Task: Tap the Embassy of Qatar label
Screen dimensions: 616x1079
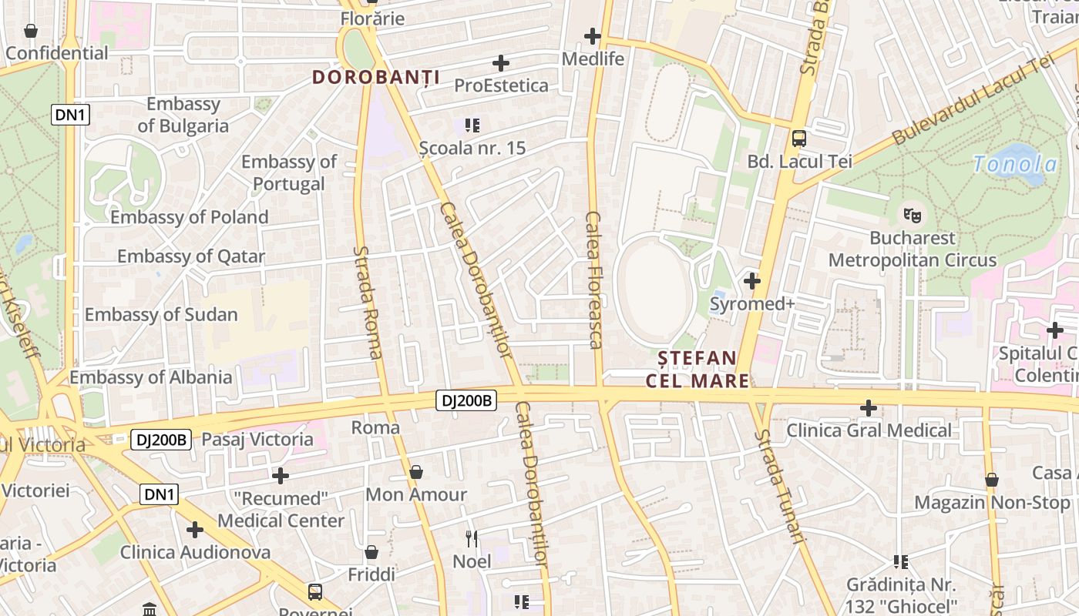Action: (x=191, y=256)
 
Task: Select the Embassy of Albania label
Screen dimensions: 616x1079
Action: (x=151, y=377)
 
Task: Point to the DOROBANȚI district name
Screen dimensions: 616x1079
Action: (x=376, y=77)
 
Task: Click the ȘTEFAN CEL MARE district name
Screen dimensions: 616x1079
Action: (x=697, y=370)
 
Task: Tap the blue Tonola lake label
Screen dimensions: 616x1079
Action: (x=1014, y=164)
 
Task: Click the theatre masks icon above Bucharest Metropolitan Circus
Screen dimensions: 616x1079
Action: (x=913, y=215)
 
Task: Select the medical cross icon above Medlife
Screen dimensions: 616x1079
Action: (x=592, y=36)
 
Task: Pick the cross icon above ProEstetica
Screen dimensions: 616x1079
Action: (x=501, y=62)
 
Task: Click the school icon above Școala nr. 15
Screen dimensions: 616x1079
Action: (x=472, y=125)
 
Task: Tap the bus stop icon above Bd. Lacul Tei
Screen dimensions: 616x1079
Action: (x=799, y=139)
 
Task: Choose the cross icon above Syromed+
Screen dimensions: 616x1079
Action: (x=751, y=281)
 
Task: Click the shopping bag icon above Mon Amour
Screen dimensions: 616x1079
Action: (x=416, y=471)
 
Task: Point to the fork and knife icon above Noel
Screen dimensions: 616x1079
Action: (x=472, y=538)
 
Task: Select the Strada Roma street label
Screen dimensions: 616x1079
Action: (x=367, y=302)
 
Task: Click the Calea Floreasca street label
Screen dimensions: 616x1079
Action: (x=593, y=280)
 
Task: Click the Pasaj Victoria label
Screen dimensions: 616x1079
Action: (x=257, y=440)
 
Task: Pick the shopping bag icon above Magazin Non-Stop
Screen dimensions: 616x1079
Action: (x=992, y=480)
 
